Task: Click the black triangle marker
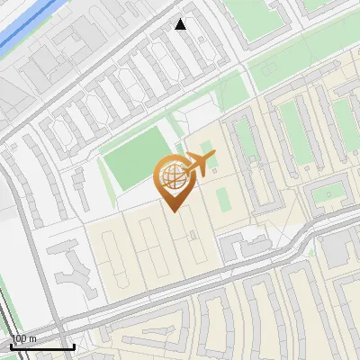181,24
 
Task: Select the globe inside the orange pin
172,177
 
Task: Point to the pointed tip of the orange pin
173,210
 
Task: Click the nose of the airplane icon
213,157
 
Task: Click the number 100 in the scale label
19,338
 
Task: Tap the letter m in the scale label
32,338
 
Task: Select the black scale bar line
42,347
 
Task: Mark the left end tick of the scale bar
11,346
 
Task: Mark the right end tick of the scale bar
74,346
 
